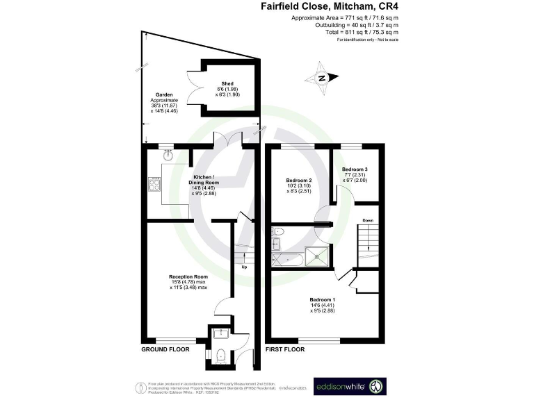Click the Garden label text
[x=165, y=94]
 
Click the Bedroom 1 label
[x=321, y=299]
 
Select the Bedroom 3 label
[x=355, y=169]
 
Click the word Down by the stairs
[x=367, y=221]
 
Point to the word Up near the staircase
[x=244, y=267]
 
